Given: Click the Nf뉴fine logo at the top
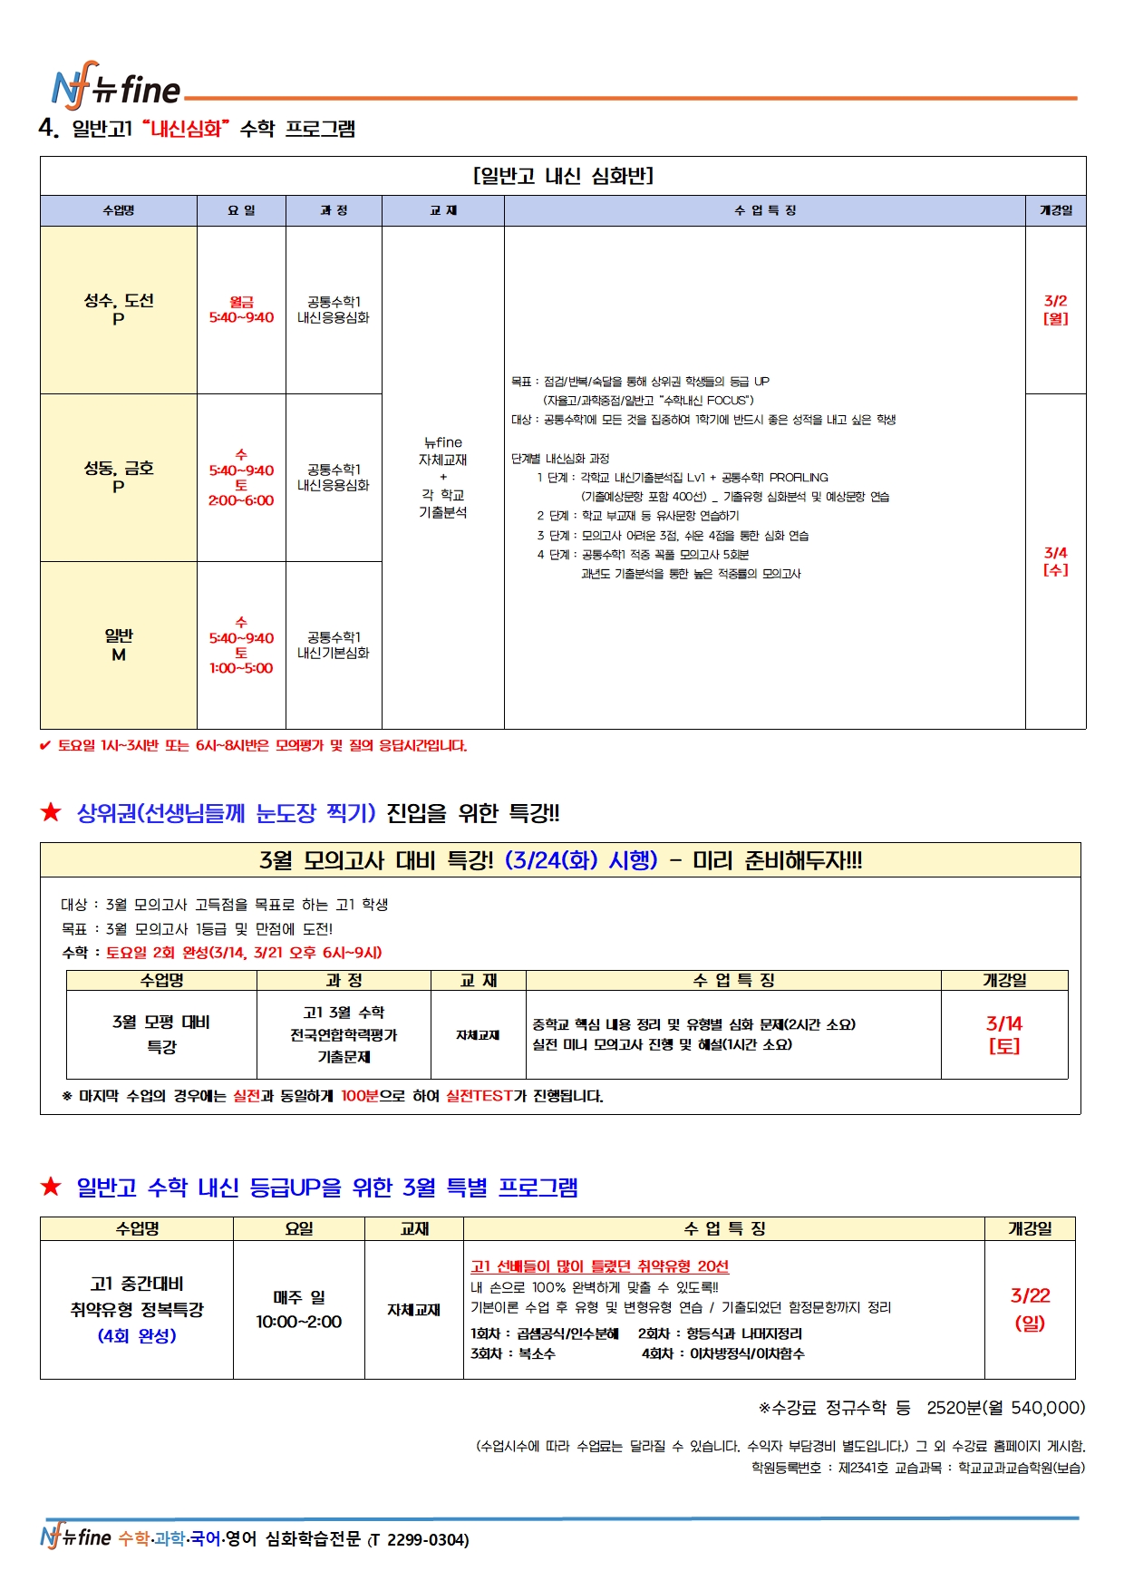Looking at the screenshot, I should click(x=116, y=89).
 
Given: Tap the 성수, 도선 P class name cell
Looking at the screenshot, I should click(x=119, y=309).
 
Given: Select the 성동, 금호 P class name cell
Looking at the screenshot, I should click(x=119, y=477).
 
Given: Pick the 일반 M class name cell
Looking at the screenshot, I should click(x=119, y=645).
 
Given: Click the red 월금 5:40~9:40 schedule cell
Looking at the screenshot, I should click(x=241, y=309).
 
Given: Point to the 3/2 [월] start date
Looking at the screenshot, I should click(x=1055, y=309).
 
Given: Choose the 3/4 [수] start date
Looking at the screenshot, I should click(x=1055, y=561).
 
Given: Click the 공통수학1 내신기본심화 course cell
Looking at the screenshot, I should click(x=334, y=645).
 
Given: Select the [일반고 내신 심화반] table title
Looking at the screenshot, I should click(x=563, y=176).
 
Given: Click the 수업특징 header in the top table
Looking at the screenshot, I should click(x=764, y=210).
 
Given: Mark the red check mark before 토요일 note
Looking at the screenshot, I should click(x=45, y=746).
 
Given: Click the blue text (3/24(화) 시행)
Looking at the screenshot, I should click(x=580, y=860).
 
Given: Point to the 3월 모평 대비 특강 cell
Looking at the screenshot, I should click(x=161, y=1033).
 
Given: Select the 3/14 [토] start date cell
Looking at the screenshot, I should click(x=1003, y=1033).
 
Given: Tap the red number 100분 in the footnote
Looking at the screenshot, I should click(x=359, y=1096).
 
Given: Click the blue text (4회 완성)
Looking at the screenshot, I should click(x=137, y=1336).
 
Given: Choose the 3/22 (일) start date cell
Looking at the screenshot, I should click(x=1030, y=1309).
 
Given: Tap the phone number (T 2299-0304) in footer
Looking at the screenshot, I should click(x=418, y=1539).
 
